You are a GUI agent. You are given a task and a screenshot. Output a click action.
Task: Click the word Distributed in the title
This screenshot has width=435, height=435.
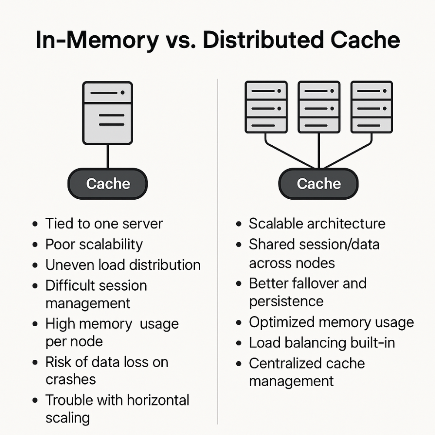263,40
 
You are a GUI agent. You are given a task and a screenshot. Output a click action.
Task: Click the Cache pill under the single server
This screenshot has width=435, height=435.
107,184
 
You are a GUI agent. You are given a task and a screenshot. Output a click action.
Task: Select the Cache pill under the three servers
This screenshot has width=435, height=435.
318,184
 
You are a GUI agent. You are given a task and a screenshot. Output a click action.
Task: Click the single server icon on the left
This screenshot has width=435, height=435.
107,113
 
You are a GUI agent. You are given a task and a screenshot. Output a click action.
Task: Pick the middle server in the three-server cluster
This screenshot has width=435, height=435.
319,107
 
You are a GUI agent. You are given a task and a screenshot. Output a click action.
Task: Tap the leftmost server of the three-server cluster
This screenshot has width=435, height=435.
266,107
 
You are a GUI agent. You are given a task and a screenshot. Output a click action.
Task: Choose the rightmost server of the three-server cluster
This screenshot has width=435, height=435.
372,107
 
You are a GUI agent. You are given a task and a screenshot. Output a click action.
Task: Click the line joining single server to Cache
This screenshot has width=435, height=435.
107,157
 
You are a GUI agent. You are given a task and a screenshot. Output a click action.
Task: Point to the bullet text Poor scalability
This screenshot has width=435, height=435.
94,244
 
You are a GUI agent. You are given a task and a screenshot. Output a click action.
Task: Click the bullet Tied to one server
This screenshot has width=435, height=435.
104,224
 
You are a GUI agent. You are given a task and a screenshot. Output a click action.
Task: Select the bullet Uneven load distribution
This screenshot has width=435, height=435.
123,264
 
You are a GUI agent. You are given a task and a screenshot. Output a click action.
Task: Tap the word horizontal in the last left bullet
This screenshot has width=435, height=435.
158,400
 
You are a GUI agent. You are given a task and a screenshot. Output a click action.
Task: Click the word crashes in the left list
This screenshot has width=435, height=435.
71,379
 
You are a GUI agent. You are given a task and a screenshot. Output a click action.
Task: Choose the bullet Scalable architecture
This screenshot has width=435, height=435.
317,224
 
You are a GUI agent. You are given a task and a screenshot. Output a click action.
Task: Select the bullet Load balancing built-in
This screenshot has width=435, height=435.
322,343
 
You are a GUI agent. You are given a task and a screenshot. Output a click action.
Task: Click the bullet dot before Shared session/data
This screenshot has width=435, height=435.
238,244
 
